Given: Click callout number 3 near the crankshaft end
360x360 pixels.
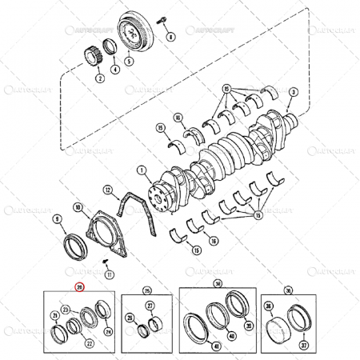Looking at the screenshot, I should pyautogui.click(x=293, y=93).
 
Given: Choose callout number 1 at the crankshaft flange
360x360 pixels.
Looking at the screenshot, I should pyautogui.click(x=141, y=170).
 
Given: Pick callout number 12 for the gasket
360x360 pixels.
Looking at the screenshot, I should pyautogui.click(x=106, y=190).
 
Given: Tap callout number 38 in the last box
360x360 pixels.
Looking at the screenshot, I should pyautogui.click(x=268, y=306).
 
